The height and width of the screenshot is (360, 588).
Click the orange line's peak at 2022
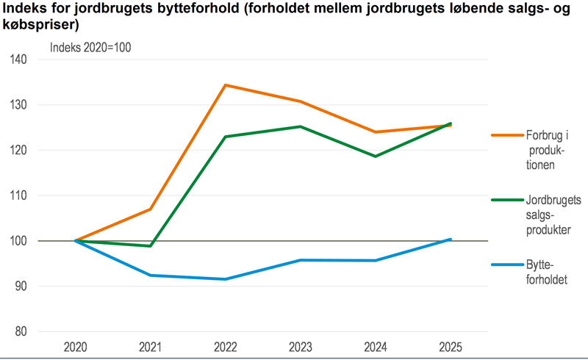(x=226, y=85)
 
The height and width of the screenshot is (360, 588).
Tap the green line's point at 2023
(x=301, y=126)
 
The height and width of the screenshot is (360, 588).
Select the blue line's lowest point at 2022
(x=226, y=279)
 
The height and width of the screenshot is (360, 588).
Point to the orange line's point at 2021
(x=151, y=209)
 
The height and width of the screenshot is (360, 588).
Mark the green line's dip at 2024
(x=376, y=156)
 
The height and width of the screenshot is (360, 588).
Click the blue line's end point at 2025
(x=451, y=239)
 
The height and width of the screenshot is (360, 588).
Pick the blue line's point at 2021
(x=151, y=275)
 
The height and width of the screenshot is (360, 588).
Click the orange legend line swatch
(x=506, y=135)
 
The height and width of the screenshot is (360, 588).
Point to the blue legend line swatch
(x=506, y=266)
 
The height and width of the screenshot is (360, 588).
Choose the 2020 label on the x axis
(x=76, y=346)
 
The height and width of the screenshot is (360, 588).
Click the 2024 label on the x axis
(x=376, y=346)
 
